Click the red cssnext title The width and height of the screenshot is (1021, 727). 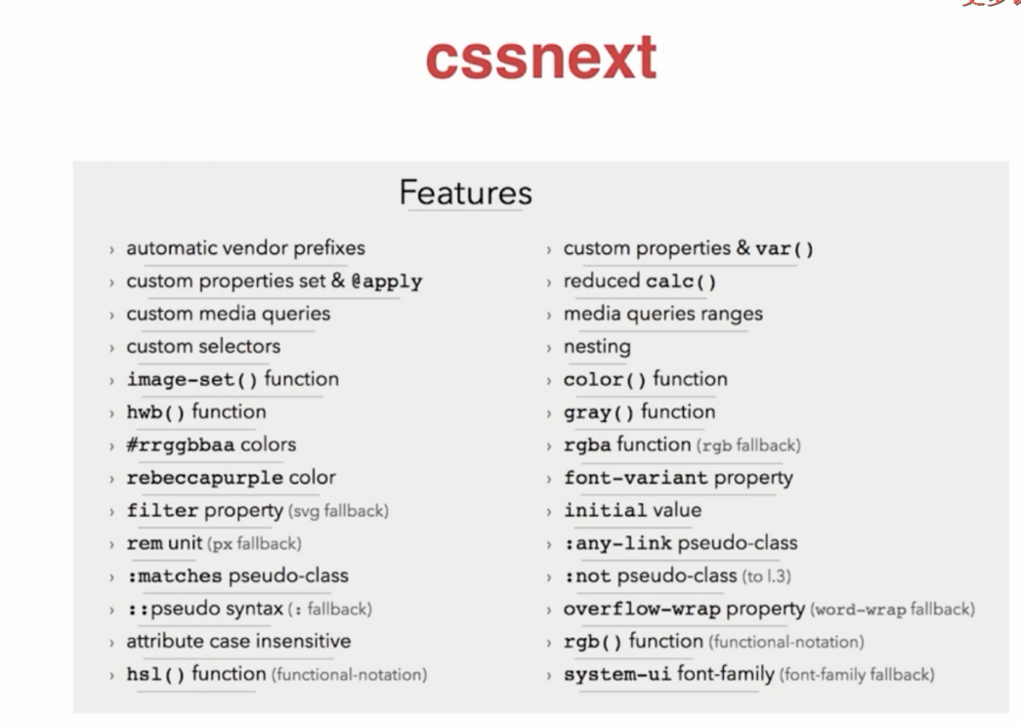click(x=541, y=58)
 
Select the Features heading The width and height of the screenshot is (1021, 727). click(x=466, y=192)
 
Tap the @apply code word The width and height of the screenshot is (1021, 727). click(x=387, y=281)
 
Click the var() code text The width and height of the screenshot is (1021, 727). click(x=785, y=249)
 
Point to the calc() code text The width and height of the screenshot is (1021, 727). click(x=681, y=281)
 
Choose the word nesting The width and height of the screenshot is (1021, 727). click(x=597, y=347)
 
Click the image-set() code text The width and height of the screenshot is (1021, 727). click(x=192, y=380)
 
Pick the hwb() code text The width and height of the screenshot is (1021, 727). click(x=155, y=412)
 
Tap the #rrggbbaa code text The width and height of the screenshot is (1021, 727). click(x=181, y=445)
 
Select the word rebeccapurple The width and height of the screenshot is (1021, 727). click(x=204, y=478)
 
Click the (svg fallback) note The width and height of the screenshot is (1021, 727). click(x=339, y=511)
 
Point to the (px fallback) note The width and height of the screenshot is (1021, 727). click(x=255, y=544)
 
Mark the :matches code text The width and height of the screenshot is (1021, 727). click(x=175, y=577)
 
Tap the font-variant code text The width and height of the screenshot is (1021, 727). click(x=636, y=478)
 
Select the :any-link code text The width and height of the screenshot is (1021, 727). click(x=617, y=543)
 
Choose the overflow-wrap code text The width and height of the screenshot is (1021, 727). click(x=642, y=609)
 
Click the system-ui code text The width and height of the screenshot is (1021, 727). click(x=617, y=674)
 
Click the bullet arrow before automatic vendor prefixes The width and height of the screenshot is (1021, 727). click(x=112, y=249)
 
